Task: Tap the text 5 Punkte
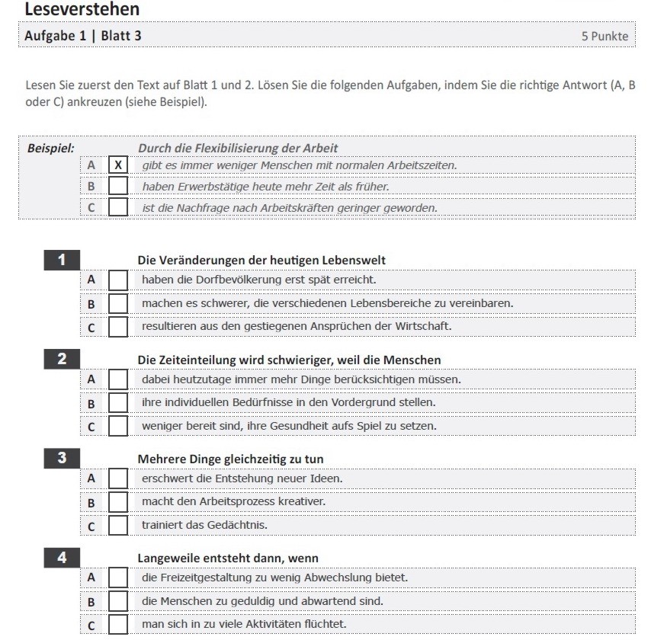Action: tap(605, 36)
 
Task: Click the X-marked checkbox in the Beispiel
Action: tap(118, 165)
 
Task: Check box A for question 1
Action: tap(118, 280)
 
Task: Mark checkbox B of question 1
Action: tap(118, 303)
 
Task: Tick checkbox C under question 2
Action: tap(118, 426)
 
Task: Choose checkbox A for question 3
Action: tap(118, 478)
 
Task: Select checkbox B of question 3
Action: tap(118, 502)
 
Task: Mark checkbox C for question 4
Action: tap(118, 625)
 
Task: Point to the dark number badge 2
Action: tap(61, 360)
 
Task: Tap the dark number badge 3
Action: tap(61, 459)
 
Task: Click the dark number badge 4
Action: tap(61, 558)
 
